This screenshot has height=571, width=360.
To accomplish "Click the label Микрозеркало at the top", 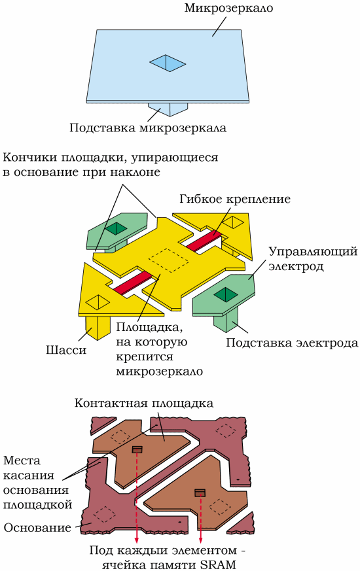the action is (x=228, y=8).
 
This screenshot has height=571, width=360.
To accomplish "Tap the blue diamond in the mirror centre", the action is (x=168, y=63).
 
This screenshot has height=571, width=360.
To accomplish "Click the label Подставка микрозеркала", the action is (x=148, y=128).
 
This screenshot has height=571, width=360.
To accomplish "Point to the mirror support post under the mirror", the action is (x=168, y=109).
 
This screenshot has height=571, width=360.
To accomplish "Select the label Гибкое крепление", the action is (x=235, y=199).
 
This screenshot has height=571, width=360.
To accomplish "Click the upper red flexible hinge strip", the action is (x=204, y=240).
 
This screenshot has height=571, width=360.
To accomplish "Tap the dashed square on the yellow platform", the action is (x=169, y=260).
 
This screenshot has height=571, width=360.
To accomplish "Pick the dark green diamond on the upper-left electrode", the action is (x=117, y=228).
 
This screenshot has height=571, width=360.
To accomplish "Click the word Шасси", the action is (x=66, y=350).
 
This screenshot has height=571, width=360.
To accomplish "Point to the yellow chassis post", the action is (x=98, y=328).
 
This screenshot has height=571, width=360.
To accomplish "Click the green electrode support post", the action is (x=226, y=322).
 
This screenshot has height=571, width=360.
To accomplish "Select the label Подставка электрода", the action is (x=292, y=343).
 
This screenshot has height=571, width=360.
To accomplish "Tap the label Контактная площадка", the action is (x=144, y=403).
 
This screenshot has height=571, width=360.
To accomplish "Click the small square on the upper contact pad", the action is (x=137, y=449).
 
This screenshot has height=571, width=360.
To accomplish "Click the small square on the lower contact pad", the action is (x=200, y=493).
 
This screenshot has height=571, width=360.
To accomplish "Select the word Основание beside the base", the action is (x=37, y=528).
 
